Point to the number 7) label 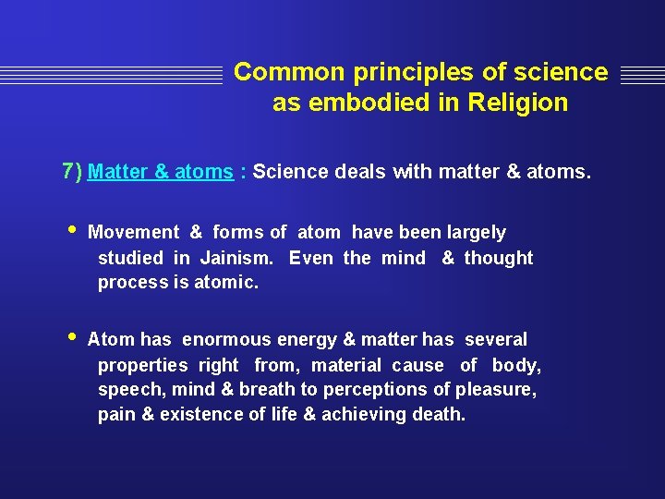(x=72, y=171)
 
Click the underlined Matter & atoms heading (x=161, y=172)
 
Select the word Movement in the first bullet (x=133, y=233)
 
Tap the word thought (x=499, y=258)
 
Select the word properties (x=142, y=365)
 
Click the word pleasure (x=499, y=390)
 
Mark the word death (x=439, y=415)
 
